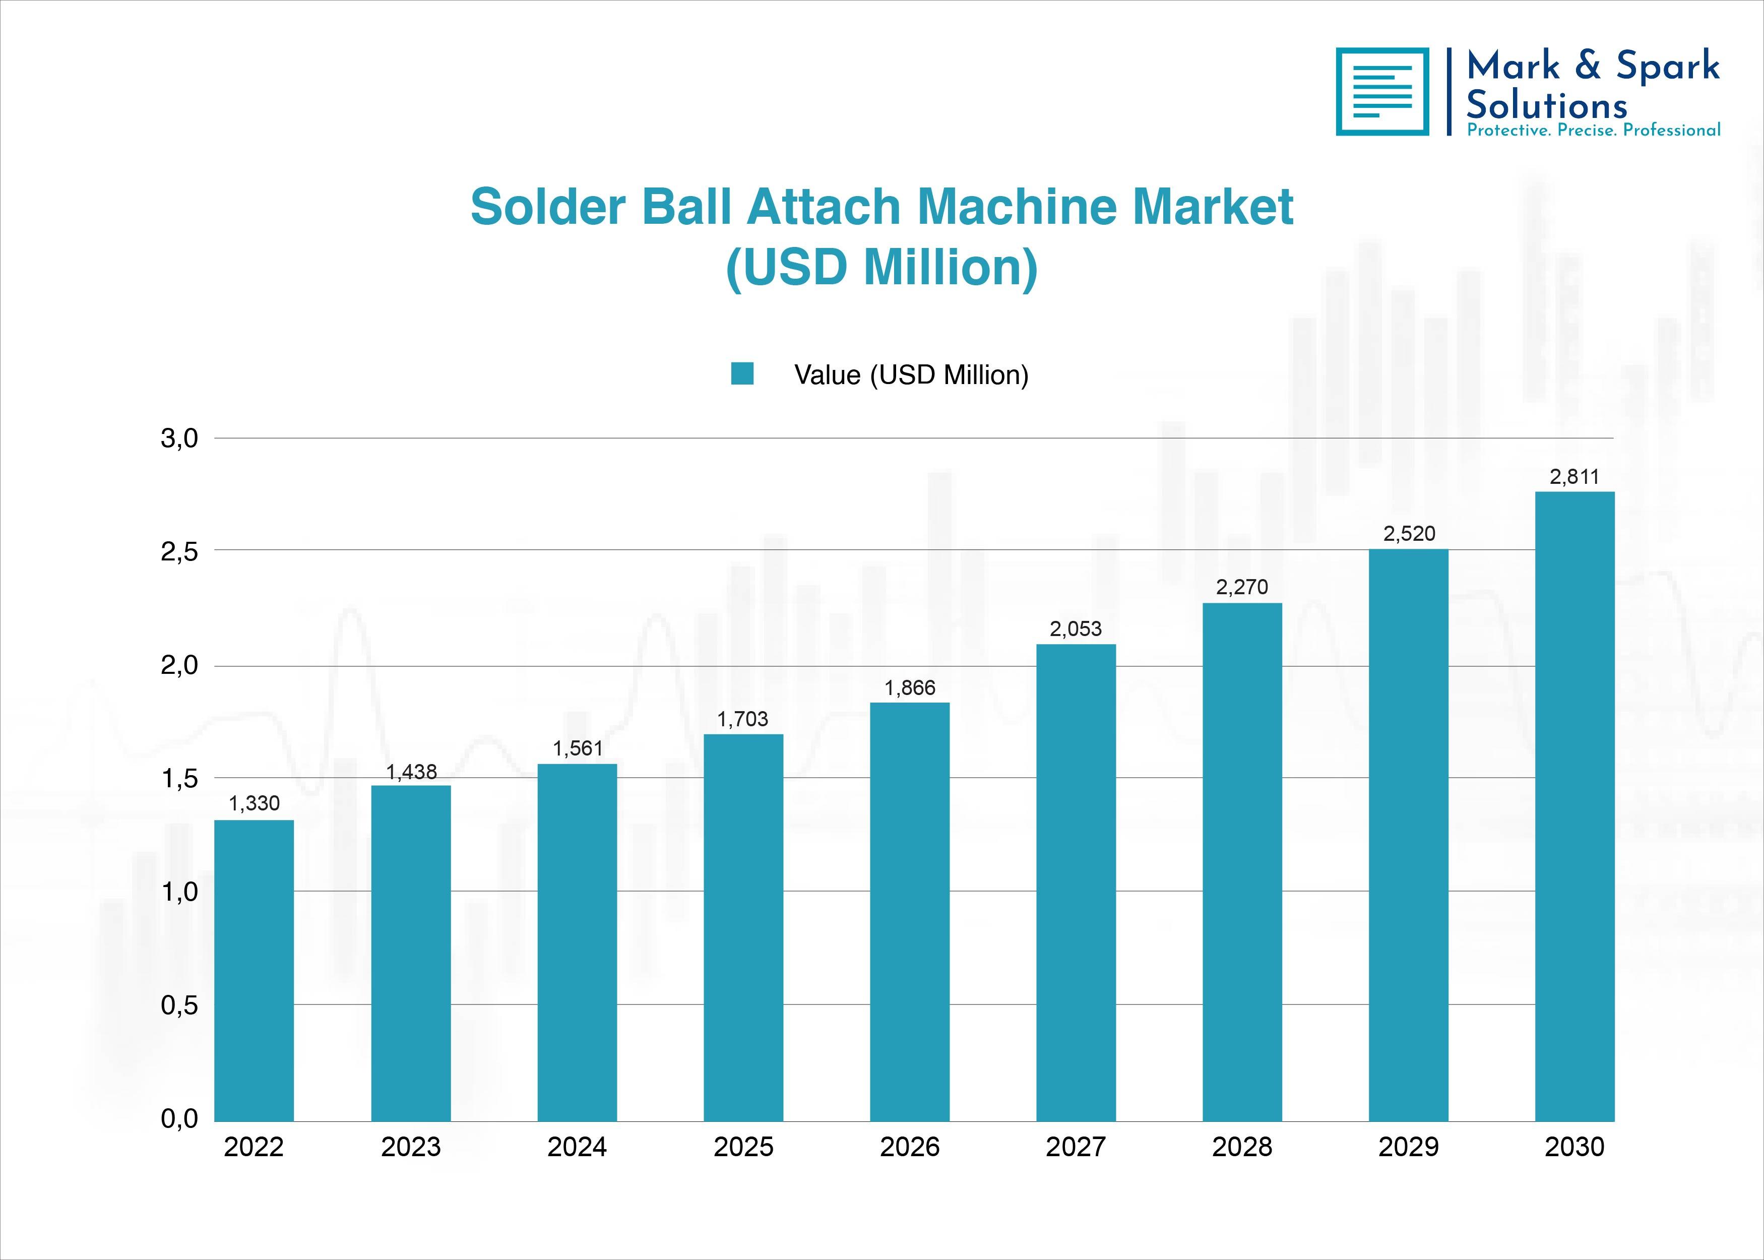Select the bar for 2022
click(254, 971)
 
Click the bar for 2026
click(910, 912)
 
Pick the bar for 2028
click(1242, 862)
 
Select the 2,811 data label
click(1574, 476)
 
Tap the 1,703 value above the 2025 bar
click(743, 719)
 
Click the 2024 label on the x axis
click(577, 1147)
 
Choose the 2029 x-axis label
click(1409, 1147)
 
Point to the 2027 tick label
click(1076, 1147)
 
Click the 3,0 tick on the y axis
click(179, 439)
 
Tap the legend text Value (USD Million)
click(911, 375)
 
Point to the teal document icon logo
click(1382, 92)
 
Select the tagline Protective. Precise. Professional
click(1593, 131)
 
